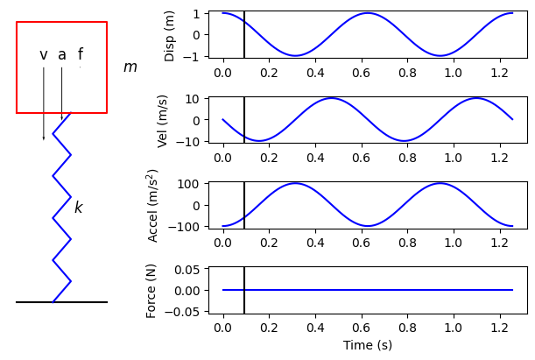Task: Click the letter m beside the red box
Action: [130, 67]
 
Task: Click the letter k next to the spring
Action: [78, 208]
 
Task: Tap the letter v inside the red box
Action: [44, 55]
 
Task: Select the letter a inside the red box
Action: [62, 55]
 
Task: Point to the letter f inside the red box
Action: [81, 54]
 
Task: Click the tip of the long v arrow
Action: [44, 138]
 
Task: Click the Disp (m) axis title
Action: [170, 35]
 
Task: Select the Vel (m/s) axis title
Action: [163, 120]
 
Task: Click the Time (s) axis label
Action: [367, 346]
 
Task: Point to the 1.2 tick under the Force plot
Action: [498, 328]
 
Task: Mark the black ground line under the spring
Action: [61, 302]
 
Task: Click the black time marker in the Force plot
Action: [244, 290]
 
